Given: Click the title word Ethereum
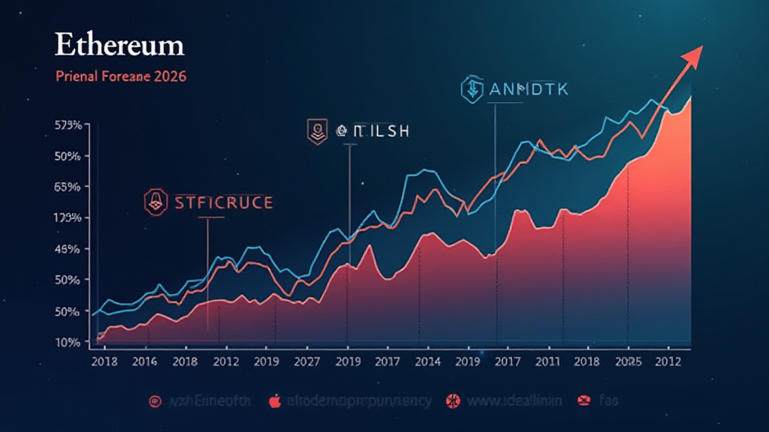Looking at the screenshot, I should [x=119, y=45].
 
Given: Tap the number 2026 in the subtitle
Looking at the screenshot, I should [x=170, y=76].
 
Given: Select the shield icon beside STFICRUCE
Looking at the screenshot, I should [x=155, y=201].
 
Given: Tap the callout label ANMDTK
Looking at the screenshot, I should [x=529, y=89].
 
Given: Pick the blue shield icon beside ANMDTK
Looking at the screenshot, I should [x=472, y=88].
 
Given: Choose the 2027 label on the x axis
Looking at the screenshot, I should [x=306, y=361].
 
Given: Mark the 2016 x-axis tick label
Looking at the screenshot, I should [x=144, y=361].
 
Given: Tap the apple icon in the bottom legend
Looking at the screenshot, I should [x=276, y=400].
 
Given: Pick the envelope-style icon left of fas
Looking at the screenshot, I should [x=583, y=400].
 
